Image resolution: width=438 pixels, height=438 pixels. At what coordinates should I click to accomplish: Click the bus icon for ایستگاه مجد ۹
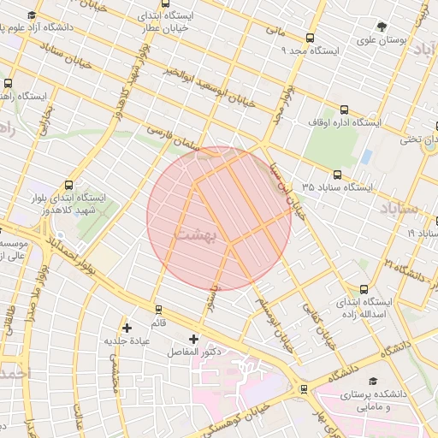coord(310,37)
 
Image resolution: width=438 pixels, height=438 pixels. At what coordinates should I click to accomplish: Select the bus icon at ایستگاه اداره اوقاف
coord(345,109)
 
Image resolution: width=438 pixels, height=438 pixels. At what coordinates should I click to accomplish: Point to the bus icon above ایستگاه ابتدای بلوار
coord(68,185)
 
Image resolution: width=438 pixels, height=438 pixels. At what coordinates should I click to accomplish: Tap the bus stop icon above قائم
coord(157,309)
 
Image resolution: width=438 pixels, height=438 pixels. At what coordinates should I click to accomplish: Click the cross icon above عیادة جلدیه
coord(127,327)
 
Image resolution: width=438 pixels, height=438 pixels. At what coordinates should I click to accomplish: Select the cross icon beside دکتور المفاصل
coord(193,340)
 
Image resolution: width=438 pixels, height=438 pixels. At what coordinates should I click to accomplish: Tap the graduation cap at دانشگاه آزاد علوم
coord(32,16)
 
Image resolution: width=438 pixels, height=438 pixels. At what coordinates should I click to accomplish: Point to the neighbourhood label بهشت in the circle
coord(198,232)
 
